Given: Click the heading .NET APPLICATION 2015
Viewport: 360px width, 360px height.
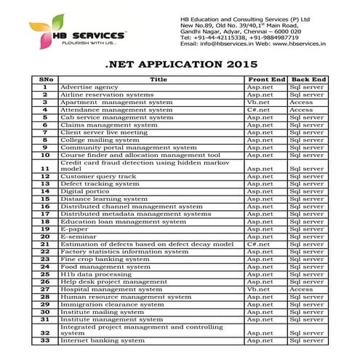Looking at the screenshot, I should (x=180, y=64).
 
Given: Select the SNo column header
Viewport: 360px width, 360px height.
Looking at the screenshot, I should (x=45, y=79).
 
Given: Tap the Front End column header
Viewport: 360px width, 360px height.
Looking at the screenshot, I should (x=265, y=79).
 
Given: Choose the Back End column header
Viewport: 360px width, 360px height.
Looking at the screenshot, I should (x=308, y=79).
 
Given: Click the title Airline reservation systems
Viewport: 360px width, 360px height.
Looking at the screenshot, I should (x=107, y=95).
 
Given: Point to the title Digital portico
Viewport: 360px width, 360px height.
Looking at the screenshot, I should (x=90, y=191).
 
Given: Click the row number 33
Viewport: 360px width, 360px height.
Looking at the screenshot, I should (x=45, y=340).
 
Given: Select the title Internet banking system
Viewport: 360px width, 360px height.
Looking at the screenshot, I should (x=103, y=340).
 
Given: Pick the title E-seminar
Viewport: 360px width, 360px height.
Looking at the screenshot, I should (x=78, y=236).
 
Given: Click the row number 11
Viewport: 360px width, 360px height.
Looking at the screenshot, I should (x=45, y=169).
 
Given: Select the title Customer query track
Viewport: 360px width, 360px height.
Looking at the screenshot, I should (x=98, y=177).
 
